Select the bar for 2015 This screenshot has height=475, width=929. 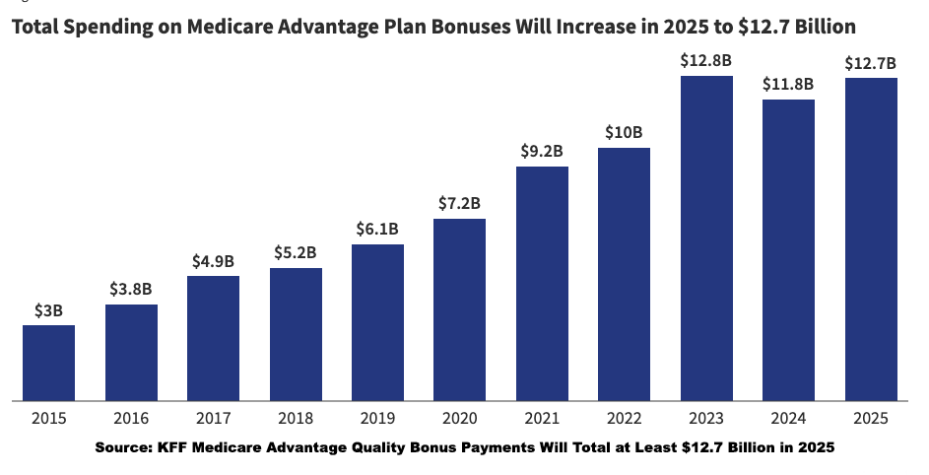49,363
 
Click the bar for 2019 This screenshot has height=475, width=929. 377,322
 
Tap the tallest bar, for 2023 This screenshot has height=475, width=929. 706,238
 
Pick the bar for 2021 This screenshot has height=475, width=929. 542,284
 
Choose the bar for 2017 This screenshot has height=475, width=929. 213,338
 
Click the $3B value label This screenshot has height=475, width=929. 49,310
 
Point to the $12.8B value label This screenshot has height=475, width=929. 706,60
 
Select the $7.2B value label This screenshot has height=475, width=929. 459,204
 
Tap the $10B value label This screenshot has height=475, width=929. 624,132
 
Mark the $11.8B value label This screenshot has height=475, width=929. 788,84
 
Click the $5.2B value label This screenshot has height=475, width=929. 296,252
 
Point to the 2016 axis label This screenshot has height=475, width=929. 131,418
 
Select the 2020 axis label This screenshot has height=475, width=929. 459,418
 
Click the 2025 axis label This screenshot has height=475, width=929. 870,418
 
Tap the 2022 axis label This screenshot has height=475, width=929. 624,418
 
